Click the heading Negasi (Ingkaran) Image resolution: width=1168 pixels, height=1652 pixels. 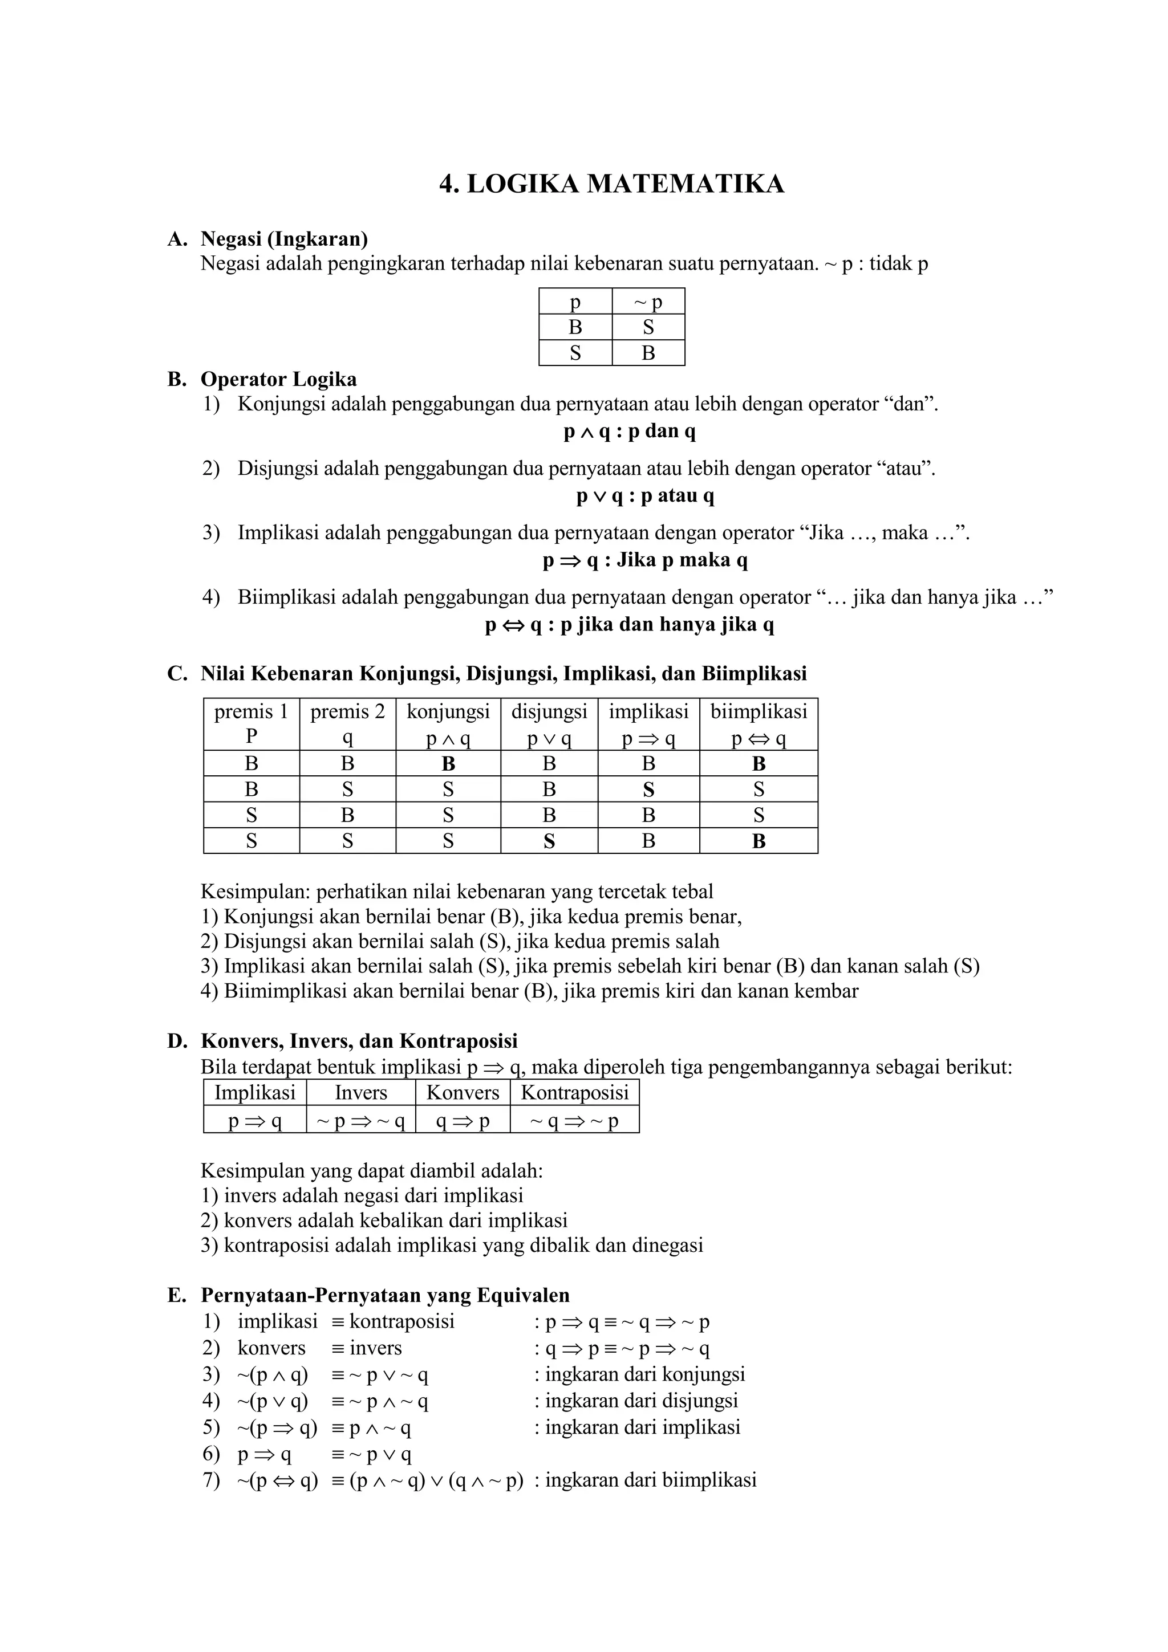283,238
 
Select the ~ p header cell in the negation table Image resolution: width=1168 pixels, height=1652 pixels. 648,302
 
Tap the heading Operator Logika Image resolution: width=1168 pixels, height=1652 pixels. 278,379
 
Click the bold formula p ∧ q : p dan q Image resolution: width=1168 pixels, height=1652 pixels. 629,432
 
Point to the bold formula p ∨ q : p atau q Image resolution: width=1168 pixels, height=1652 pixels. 645,496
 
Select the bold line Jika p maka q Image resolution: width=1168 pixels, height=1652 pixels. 645,560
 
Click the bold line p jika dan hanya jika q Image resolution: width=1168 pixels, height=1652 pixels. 629,625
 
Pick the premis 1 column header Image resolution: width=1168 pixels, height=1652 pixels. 251,723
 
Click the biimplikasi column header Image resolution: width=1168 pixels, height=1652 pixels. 759,723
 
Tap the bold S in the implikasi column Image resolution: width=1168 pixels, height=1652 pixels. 648,790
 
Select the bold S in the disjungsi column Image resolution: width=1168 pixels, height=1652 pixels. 549,841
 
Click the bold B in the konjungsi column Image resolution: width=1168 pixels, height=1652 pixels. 448,763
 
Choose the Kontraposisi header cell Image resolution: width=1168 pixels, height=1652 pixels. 574,1092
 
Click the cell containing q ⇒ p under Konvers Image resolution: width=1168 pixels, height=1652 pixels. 462,1121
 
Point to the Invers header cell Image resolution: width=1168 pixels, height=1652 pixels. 360,1092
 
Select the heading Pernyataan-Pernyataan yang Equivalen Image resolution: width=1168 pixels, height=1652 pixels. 384,1295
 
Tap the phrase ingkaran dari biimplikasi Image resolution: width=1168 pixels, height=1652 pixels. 651,1479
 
